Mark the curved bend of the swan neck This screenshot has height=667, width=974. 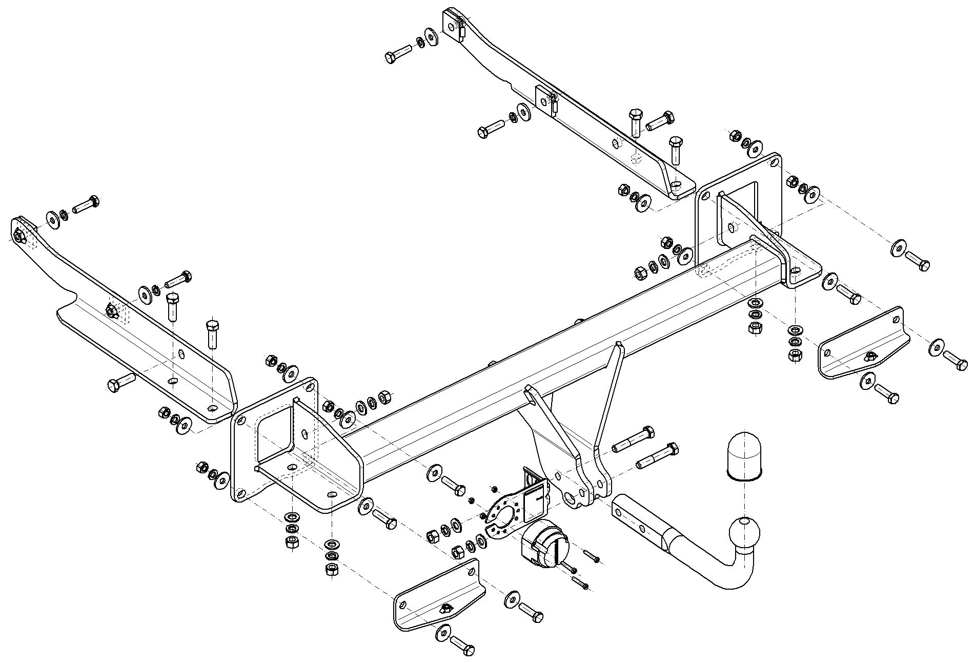[x=728, y=576]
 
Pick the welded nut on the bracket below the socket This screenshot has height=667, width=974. [x=445, y=608]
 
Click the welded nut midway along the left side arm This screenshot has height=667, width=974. [x=110, y=309]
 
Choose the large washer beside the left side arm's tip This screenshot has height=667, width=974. [x=53, y=218]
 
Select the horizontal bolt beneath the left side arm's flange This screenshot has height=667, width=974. [x=120, y=382]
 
